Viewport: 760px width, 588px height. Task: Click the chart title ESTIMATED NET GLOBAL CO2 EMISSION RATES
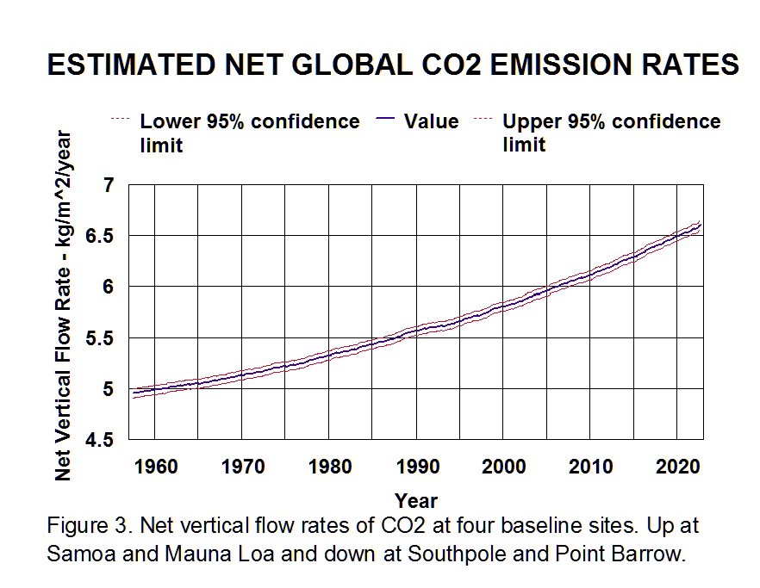(392, 65)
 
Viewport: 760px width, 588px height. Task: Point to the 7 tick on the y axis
(109, 185)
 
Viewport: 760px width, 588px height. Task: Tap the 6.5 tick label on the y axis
(101, 236)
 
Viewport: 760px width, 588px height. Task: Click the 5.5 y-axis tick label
(101, 337)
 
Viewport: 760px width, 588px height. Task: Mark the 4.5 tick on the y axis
(101, 440)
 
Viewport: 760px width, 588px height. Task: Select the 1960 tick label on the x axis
(157, 466)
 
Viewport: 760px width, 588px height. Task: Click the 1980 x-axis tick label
(331, 466)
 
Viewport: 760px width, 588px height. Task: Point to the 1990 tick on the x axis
(417, 466)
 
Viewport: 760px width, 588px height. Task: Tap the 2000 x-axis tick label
(504, 466)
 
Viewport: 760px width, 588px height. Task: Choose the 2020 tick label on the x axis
(678, 466)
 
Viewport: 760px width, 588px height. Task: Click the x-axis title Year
(416, 500)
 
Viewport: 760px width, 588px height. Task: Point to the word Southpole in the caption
(456, 554)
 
